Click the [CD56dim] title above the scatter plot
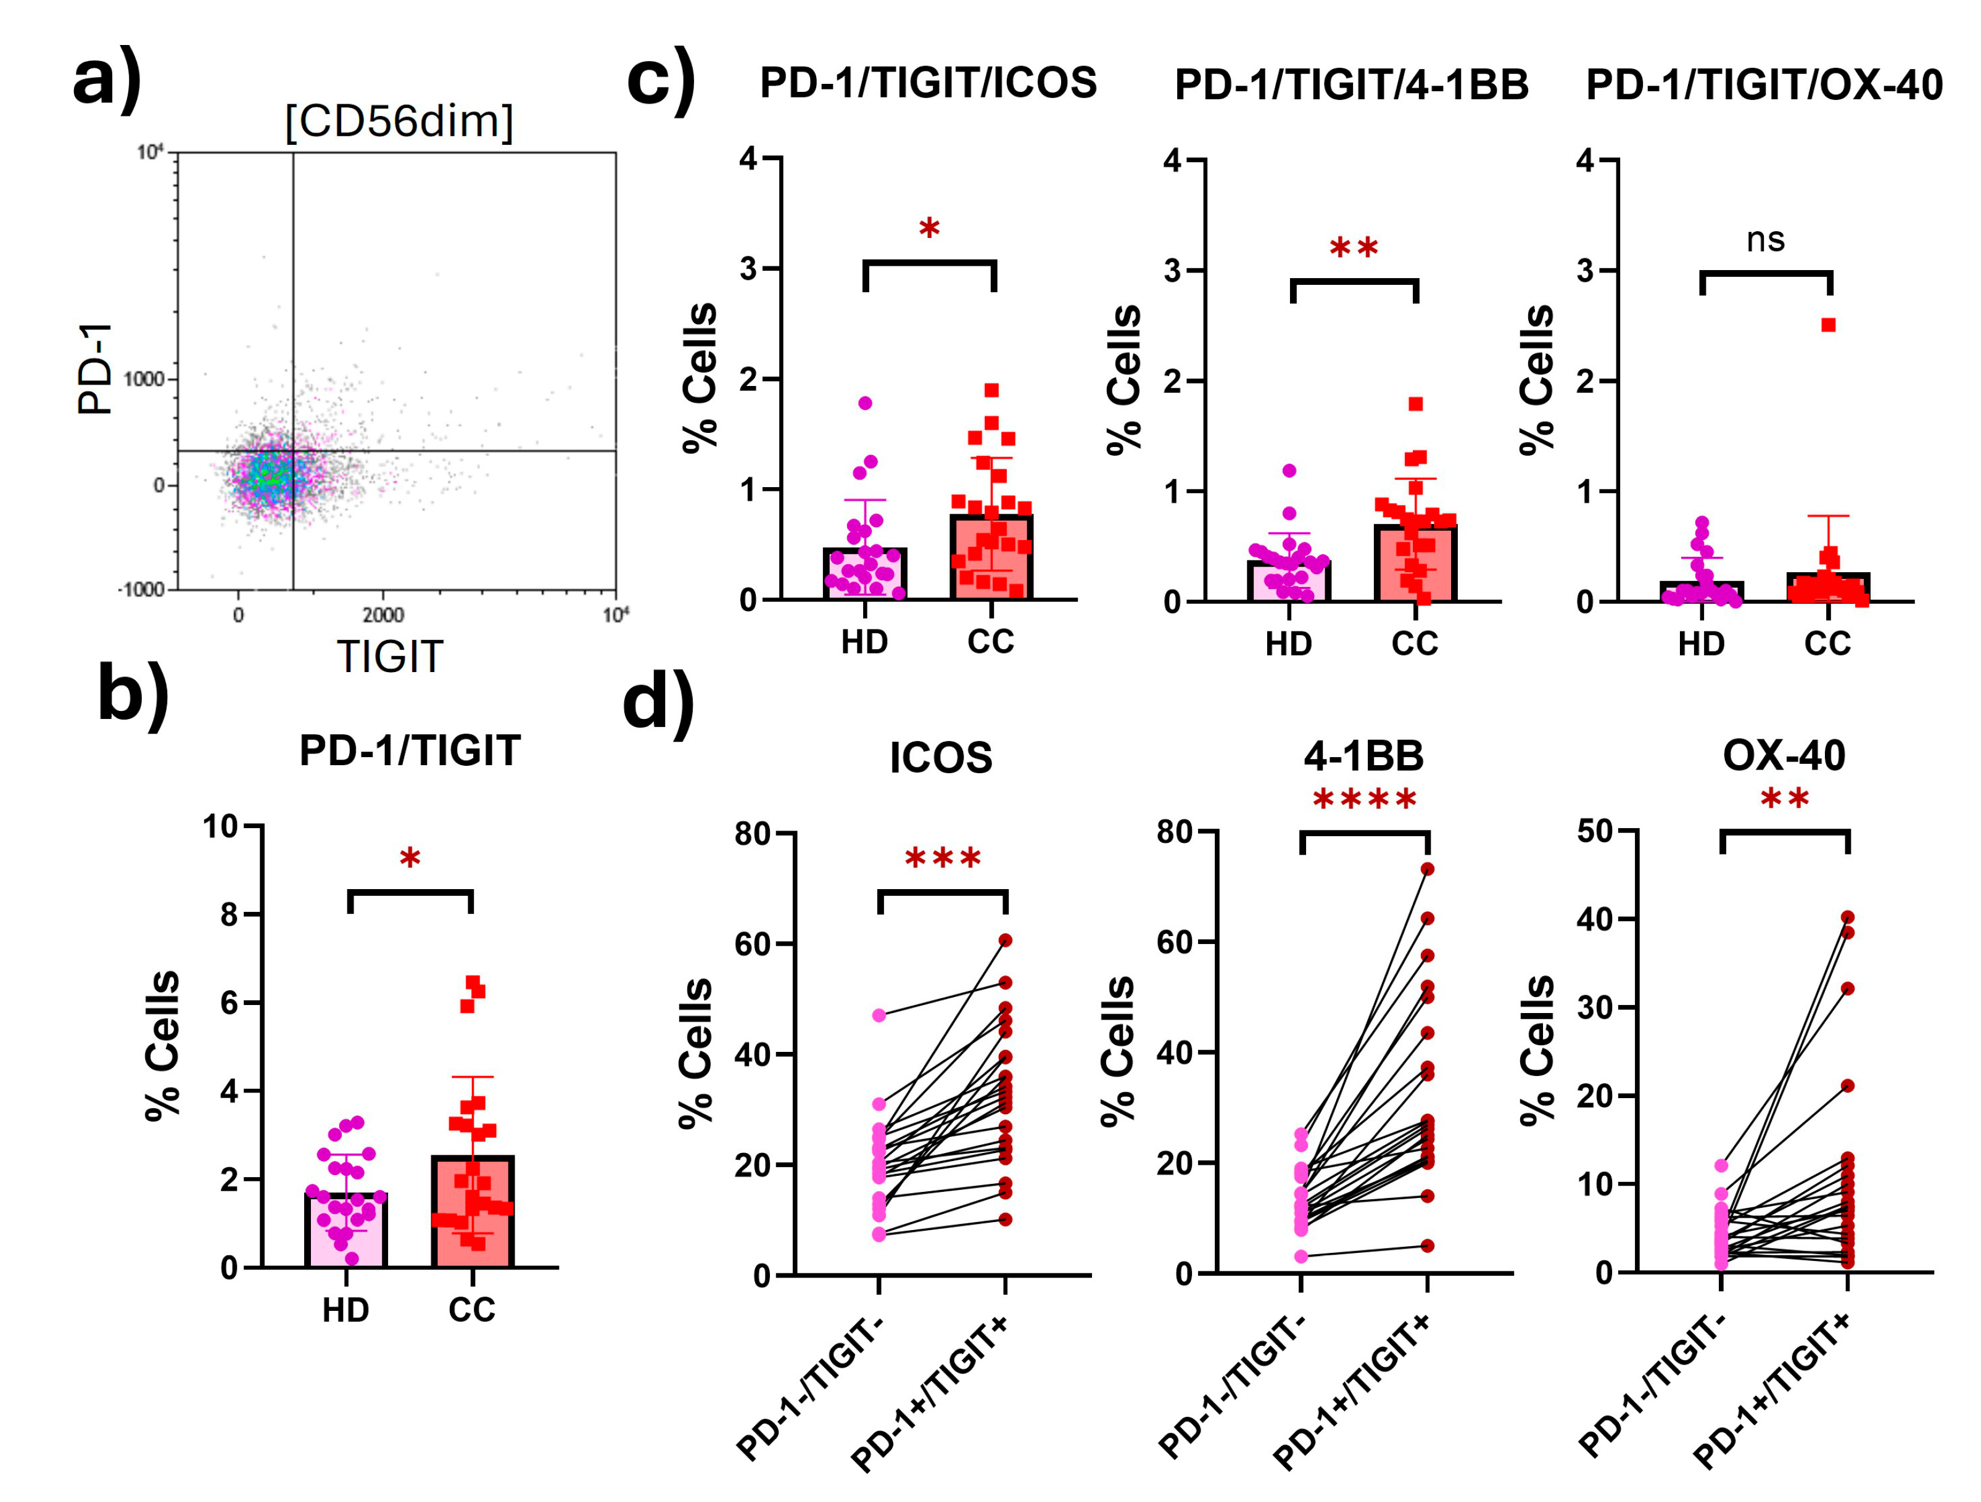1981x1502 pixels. tap(399, 121)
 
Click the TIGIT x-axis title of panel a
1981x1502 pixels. tap(389, 657)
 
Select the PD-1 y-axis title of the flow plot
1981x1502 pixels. tap(96, 369)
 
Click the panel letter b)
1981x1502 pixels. tap(133, 694)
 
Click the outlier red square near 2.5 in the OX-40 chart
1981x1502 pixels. tap(1828, 325)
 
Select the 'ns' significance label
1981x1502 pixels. tap(1765, 240)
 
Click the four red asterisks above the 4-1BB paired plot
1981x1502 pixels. tap(1364, 799)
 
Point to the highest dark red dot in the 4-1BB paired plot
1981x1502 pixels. tap(1428, 869)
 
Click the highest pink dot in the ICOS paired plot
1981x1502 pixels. tap(879, 1015)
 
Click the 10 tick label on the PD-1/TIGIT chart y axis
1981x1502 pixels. tap(220, 826)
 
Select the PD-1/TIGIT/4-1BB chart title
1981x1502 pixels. tap(1352, 85)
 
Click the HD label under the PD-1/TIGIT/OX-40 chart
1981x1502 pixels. tap(1701, 644)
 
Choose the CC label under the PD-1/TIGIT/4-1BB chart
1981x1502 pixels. tap(1414, 644)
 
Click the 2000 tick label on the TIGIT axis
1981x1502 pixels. tap(383, 615)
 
